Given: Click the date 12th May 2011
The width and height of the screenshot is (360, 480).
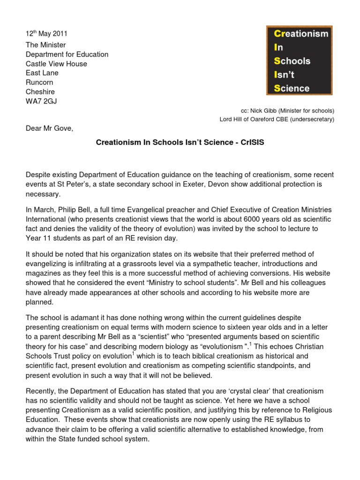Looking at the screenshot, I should [x=46, y=34].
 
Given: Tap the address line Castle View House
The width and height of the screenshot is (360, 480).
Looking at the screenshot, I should [x=56, y=64].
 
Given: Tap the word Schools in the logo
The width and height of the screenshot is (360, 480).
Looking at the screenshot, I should [x=292, y=61].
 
